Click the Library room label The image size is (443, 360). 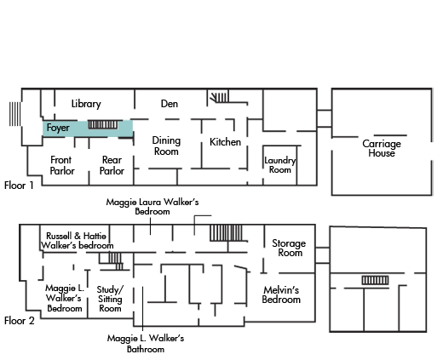coord(86,104)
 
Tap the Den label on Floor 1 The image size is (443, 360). coord(170,104)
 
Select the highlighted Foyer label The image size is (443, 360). coord(58,128)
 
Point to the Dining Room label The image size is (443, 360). coord(166,146)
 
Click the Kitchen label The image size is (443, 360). coord(225,142)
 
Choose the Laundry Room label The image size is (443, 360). coord(280,165)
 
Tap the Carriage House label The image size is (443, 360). coord(382,148)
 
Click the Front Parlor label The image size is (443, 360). coord(62,165)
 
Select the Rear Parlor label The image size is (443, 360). coord(112,165)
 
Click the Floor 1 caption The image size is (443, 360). coord(19,186)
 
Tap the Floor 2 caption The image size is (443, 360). coord(20,321)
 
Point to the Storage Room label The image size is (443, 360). coord(289,248)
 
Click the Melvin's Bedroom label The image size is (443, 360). coord(281,294)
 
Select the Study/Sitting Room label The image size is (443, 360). coord(110,299)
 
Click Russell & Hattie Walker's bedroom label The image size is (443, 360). coord(77,241)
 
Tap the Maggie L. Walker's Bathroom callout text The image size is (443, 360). coord(146,344)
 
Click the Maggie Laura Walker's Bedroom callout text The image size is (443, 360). coord(152,207)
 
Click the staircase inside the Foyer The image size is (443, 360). coord(103,124)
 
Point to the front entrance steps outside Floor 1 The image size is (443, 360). coord(14,114)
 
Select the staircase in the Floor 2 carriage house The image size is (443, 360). coord(375,280)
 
